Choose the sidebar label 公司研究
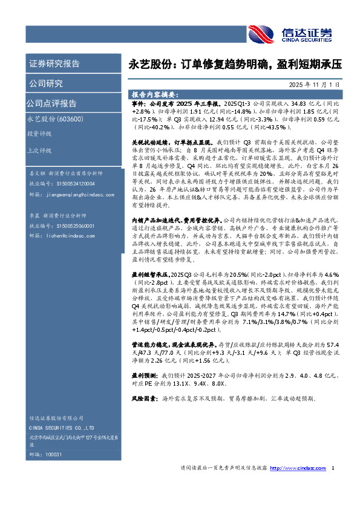pos(46,83)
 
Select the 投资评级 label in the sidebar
pos(39,134)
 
